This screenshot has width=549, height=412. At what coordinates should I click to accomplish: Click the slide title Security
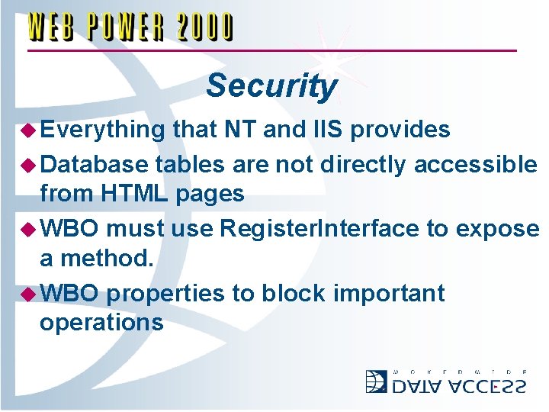tap(271, 85)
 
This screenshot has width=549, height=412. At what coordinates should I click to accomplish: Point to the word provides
tap(404, 130)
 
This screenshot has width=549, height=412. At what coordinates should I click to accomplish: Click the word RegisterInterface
tap(319, 228)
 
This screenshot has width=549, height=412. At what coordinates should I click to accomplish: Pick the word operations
tap(101, 323)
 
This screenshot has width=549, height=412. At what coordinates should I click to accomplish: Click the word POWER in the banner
tap(127, 28)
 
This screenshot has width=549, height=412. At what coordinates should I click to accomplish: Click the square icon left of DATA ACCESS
tap(377, 381)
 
